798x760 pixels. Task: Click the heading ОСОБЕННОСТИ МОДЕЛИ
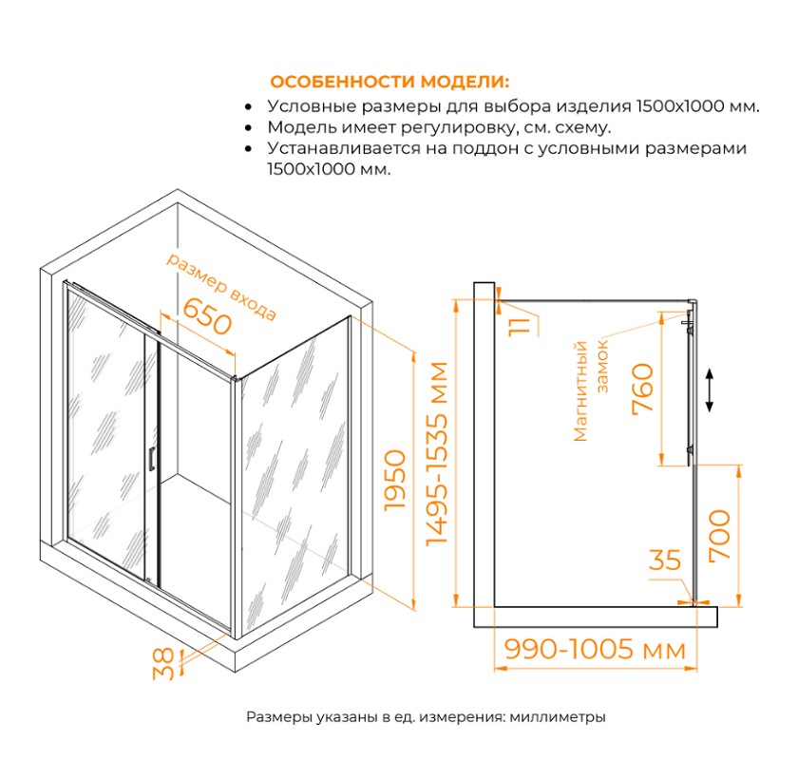coord(389,81)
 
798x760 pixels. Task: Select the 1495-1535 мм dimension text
coord(437,453)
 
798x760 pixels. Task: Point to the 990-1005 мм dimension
coord(595,650)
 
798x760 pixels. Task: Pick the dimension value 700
coord(720,535)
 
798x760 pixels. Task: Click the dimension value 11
coord(518,326)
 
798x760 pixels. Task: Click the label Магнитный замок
coord(589,389)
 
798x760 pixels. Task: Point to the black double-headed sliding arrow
coord(709,389)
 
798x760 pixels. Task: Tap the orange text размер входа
coord(221,286)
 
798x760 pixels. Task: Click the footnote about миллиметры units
coord(426,717)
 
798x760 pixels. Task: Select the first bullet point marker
coord(249,107)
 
